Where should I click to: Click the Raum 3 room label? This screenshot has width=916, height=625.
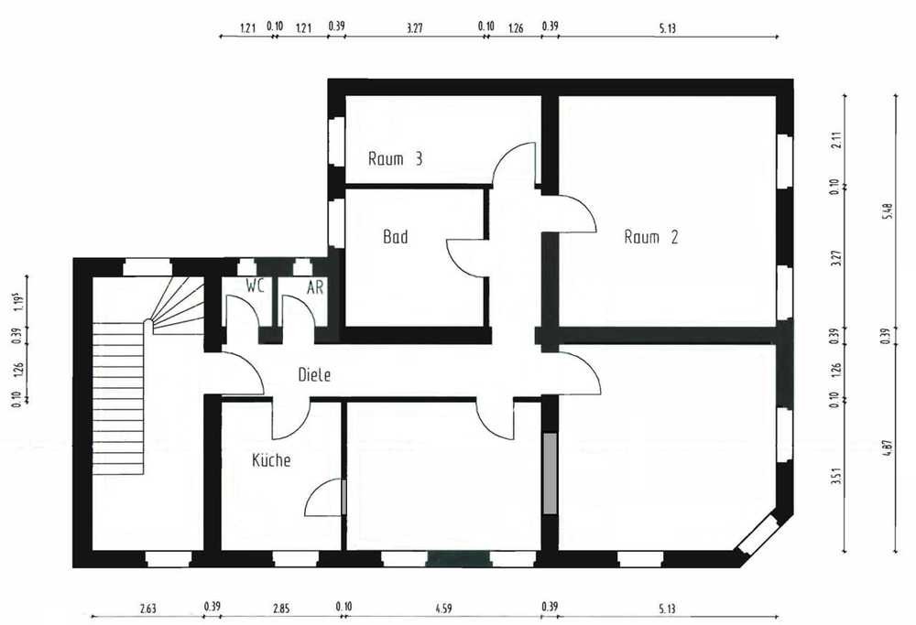[x=395, y=158]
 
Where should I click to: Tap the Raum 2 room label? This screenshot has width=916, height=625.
[x=650, y=237]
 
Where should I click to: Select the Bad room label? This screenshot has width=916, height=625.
[x=396, y=236]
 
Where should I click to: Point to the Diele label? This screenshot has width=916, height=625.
[x=314, y=374]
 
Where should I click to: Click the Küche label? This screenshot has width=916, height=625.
[x=271, y=460]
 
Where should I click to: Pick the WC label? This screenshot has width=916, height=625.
[x=256, y=286]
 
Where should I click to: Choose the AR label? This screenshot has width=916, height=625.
[x=315, y=287]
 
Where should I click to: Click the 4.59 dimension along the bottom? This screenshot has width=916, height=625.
[x=443, y=609]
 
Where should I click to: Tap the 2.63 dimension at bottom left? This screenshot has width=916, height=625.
[x=147, y=609]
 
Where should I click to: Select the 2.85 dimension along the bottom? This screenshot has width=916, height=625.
[x=281, y=609]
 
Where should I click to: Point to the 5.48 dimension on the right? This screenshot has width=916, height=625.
[x=888, y=210]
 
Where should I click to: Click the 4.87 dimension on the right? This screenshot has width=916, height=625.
[x=888, y=447]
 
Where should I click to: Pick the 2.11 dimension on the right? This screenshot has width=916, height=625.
[x=836, y=141]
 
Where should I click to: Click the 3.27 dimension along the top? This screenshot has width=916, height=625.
[x=414, y=27]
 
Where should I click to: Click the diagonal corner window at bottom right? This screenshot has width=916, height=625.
[x=758, y=533]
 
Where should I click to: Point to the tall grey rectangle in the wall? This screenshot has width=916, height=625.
[x=550, y=473]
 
